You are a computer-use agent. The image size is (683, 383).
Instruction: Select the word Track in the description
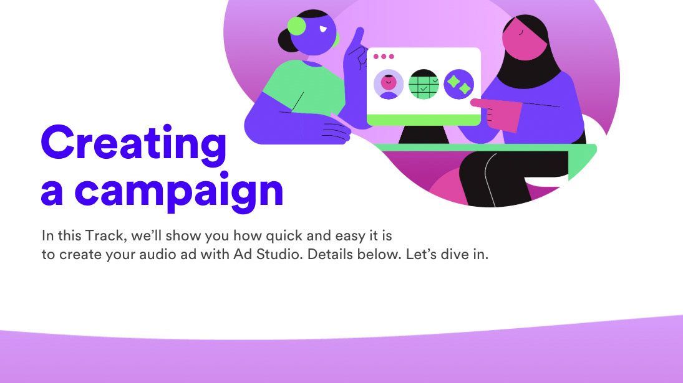(x=104, y=235)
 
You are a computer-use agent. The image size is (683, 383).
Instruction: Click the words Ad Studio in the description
(x=267, y=254)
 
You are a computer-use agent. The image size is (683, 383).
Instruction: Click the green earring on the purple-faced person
(x=297, y=26)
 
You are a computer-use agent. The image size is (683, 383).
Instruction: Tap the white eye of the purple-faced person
(x=322, y=29)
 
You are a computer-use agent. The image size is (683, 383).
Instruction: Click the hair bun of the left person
(x=287, y=40)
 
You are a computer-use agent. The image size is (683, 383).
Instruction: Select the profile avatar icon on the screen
(x=389, y=84)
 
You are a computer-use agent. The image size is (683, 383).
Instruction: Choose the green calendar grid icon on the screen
(x=424, y=84)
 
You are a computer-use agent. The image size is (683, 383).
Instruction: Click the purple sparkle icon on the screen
(x=458, y=84)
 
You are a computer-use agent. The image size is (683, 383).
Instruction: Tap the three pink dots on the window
(x=384, y=57)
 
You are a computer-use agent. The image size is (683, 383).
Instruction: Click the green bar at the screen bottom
(x=424, y=120)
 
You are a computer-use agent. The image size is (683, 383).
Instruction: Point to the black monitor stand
(x=424, y=135)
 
